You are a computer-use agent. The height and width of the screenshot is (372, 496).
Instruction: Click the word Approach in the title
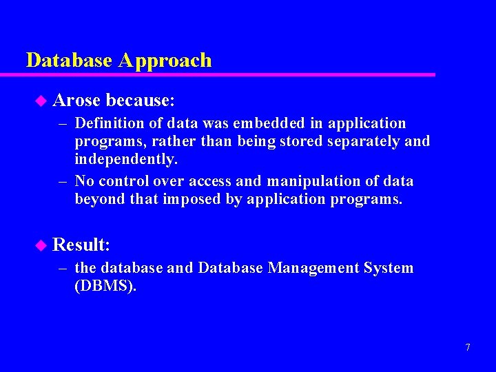tap(165, 61)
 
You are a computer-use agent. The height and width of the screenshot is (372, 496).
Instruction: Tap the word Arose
tap(76, 101)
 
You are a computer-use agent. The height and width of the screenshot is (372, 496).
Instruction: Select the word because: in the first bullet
tap(141, 101)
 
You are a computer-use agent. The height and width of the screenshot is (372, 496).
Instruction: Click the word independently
tap(126, 159)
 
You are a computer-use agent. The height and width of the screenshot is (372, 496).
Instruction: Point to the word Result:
tap(81, 245)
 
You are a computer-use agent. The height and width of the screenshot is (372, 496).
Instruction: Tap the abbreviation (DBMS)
tap(105, 286)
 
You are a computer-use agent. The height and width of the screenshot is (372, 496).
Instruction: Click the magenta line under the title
tap(227, 74)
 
